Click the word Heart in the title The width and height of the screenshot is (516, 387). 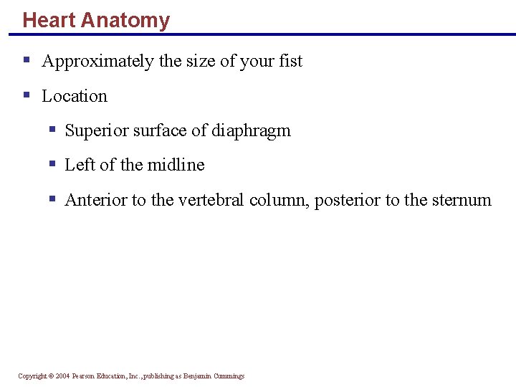(x=49, y=20)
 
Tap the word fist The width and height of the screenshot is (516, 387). (x=291, y=62)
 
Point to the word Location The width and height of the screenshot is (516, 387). (x=75, y=96)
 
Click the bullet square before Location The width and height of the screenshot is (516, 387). (x=27, y=95)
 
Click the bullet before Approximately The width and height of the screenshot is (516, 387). (x=27, y=60)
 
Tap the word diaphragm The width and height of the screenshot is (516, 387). (x=251, y=131)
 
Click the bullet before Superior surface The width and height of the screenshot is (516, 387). (x=52, y=129)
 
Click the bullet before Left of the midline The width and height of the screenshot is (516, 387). (x=52, y=163)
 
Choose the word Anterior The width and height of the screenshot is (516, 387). (x=95, y=200)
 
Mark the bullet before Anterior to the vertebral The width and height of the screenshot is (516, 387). (x=52, y=199)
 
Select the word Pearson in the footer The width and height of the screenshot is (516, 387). (x=85, y=376)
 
